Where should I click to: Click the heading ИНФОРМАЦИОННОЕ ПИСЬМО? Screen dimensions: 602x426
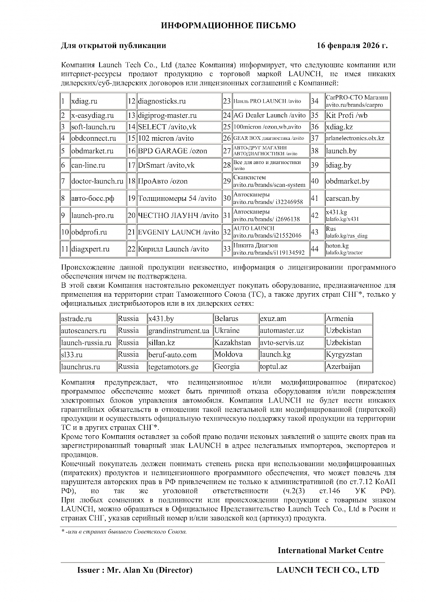pos(228,26)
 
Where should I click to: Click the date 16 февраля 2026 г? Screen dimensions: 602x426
pos(352,46)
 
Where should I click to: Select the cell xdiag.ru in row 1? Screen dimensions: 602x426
pos(84,101)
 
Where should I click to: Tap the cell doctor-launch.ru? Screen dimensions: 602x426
pos(97,182)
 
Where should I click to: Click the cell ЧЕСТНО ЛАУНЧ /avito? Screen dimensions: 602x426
pos(178,216)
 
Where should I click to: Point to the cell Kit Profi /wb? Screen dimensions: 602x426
pos(347,115)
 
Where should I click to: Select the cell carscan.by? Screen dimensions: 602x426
pos(343,199)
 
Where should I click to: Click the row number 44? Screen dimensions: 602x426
pos(315,249)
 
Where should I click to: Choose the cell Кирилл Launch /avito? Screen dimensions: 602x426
pos(173,249)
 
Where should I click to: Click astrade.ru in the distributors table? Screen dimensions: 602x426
pos(76,319)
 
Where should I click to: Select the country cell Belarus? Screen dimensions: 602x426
pos(226,319)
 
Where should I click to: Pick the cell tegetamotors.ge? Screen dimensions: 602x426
pos(173,367)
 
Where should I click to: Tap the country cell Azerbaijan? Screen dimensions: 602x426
pos(343,367)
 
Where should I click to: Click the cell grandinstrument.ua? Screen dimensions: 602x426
pos(178,331)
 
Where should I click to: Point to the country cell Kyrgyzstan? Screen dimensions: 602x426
pos(344,355)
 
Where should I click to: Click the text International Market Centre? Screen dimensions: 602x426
pos(330,550)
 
